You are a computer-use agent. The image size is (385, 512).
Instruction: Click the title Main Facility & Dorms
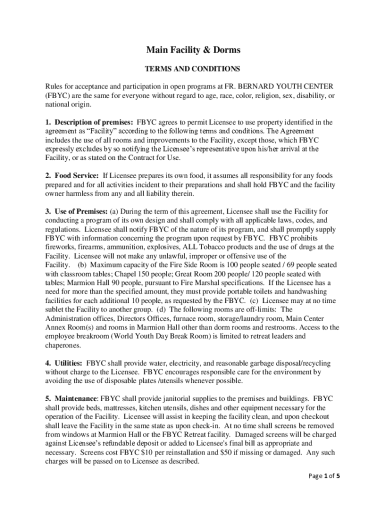(x=193, y=50)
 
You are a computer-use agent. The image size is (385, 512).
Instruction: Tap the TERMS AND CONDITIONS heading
(x=192, y=68)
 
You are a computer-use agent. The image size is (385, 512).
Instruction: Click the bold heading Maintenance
(x=76, y=399)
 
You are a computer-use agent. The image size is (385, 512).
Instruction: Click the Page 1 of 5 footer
(x=325, y=476)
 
